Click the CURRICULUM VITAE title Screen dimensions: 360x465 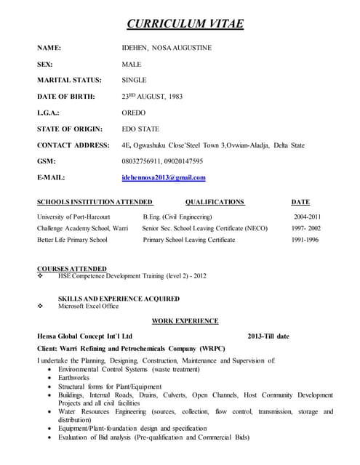[x=185, y=24]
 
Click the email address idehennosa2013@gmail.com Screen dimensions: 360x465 [x=163, y=177]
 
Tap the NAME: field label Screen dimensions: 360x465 [x=49, y=48]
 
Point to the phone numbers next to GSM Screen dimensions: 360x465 [x=161, y=161]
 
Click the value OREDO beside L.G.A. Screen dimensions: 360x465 [x=134, y=113]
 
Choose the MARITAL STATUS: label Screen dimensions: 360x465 [x=69, y=80]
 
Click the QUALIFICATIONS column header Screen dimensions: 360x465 [x=215, y=202]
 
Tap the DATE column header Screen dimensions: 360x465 [x=300, y=202]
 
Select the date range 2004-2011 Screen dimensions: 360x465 [x=307, y=217]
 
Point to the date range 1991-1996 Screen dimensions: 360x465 [x=305, y=240]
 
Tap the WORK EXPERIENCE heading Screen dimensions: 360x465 [x=185, y=320]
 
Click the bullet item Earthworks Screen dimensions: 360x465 [x=75, y=377]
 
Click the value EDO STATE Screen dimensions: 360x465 [x=140, y=129]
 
